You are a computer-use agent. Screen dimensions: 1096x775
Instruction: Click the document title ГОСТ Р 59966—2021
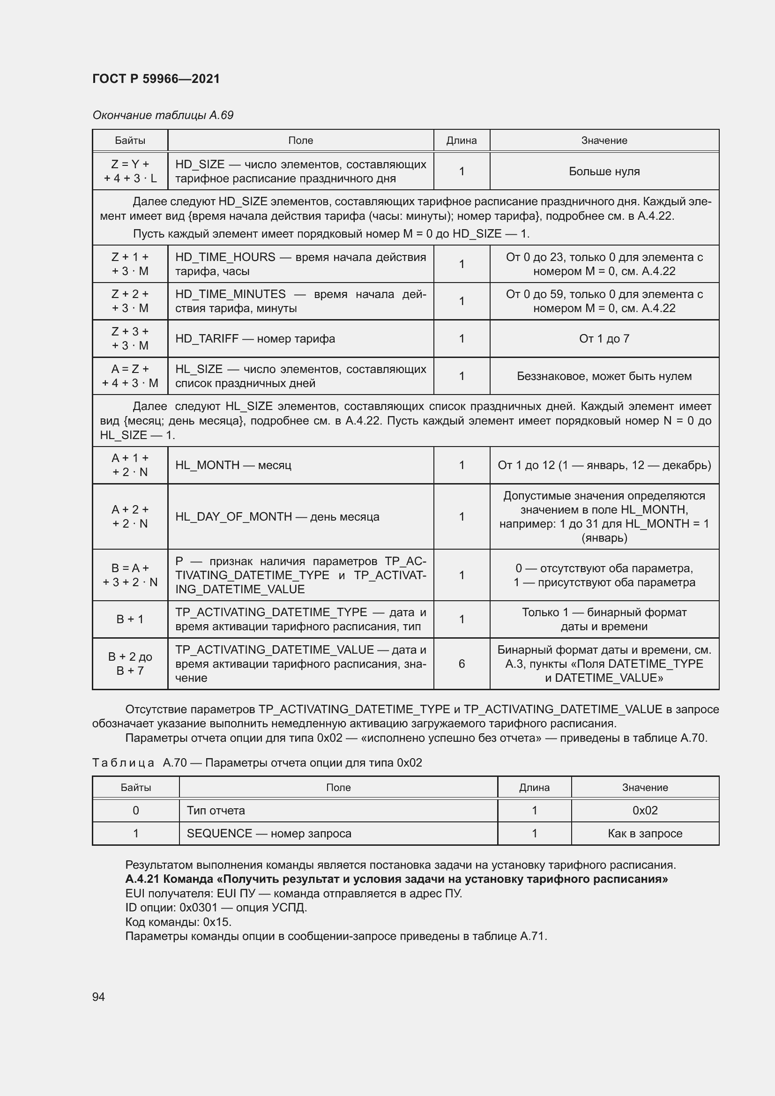tap(156, 79)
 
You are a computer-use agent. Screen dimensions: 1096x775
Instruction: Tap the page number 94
tap(99, 997)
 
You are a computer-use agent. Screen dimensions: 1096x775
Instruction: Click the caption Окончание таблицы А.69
tap(163, 115)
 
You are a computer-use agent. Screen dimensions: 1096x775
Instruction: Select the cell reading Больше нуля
tap(604, 171)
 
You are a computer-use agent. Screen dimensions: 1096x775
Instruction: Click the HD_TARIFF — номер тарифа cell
tap(255, 338)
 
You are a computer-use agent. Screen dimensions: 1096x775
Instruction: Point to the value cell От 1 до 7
tap(604, 338)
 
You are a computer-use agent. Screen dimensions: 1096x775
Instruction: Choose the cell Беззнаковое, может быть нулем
tap(604, 376)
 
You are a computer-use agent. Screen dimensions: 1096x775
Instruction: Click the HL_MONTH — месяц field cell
tap(233, 465)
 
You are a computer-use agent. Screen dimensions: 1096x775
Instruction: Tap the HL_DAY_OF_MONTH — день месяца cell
tap(277, 516)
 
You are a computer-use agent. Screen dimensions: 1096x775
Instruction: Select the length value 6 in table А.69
tap(462, 664)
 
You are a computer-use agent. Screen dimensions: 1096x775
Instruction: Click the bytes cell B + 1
tap(130, 619)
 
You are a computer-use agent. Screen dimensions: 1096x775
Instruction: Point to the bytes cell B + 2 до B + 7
tap(130, 664)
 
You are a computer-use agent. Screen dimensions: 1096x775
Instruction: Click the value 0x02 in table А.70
tap(645, 811)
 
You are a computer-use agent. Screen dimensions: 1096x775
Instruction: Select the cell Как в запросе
tap(645, 834)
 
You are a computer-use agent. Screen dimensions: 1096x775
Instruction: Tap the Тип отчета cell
tap(216, 811)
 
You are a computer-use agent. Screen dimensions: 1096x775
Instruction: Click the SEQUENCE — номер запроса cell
tap(269, 834)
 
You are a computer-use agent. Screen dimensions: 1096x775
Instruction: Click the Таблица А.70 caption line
tap(257, 763)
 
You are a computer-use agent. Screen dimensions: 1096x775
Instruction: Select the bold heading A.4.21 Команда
tap(396, 879)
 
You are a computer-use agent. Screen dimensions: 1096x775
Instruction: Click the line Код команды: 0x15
tap(179, 922)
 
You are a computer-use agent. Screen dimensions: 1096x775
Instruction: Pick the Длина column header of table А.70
tap(534, 788)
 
